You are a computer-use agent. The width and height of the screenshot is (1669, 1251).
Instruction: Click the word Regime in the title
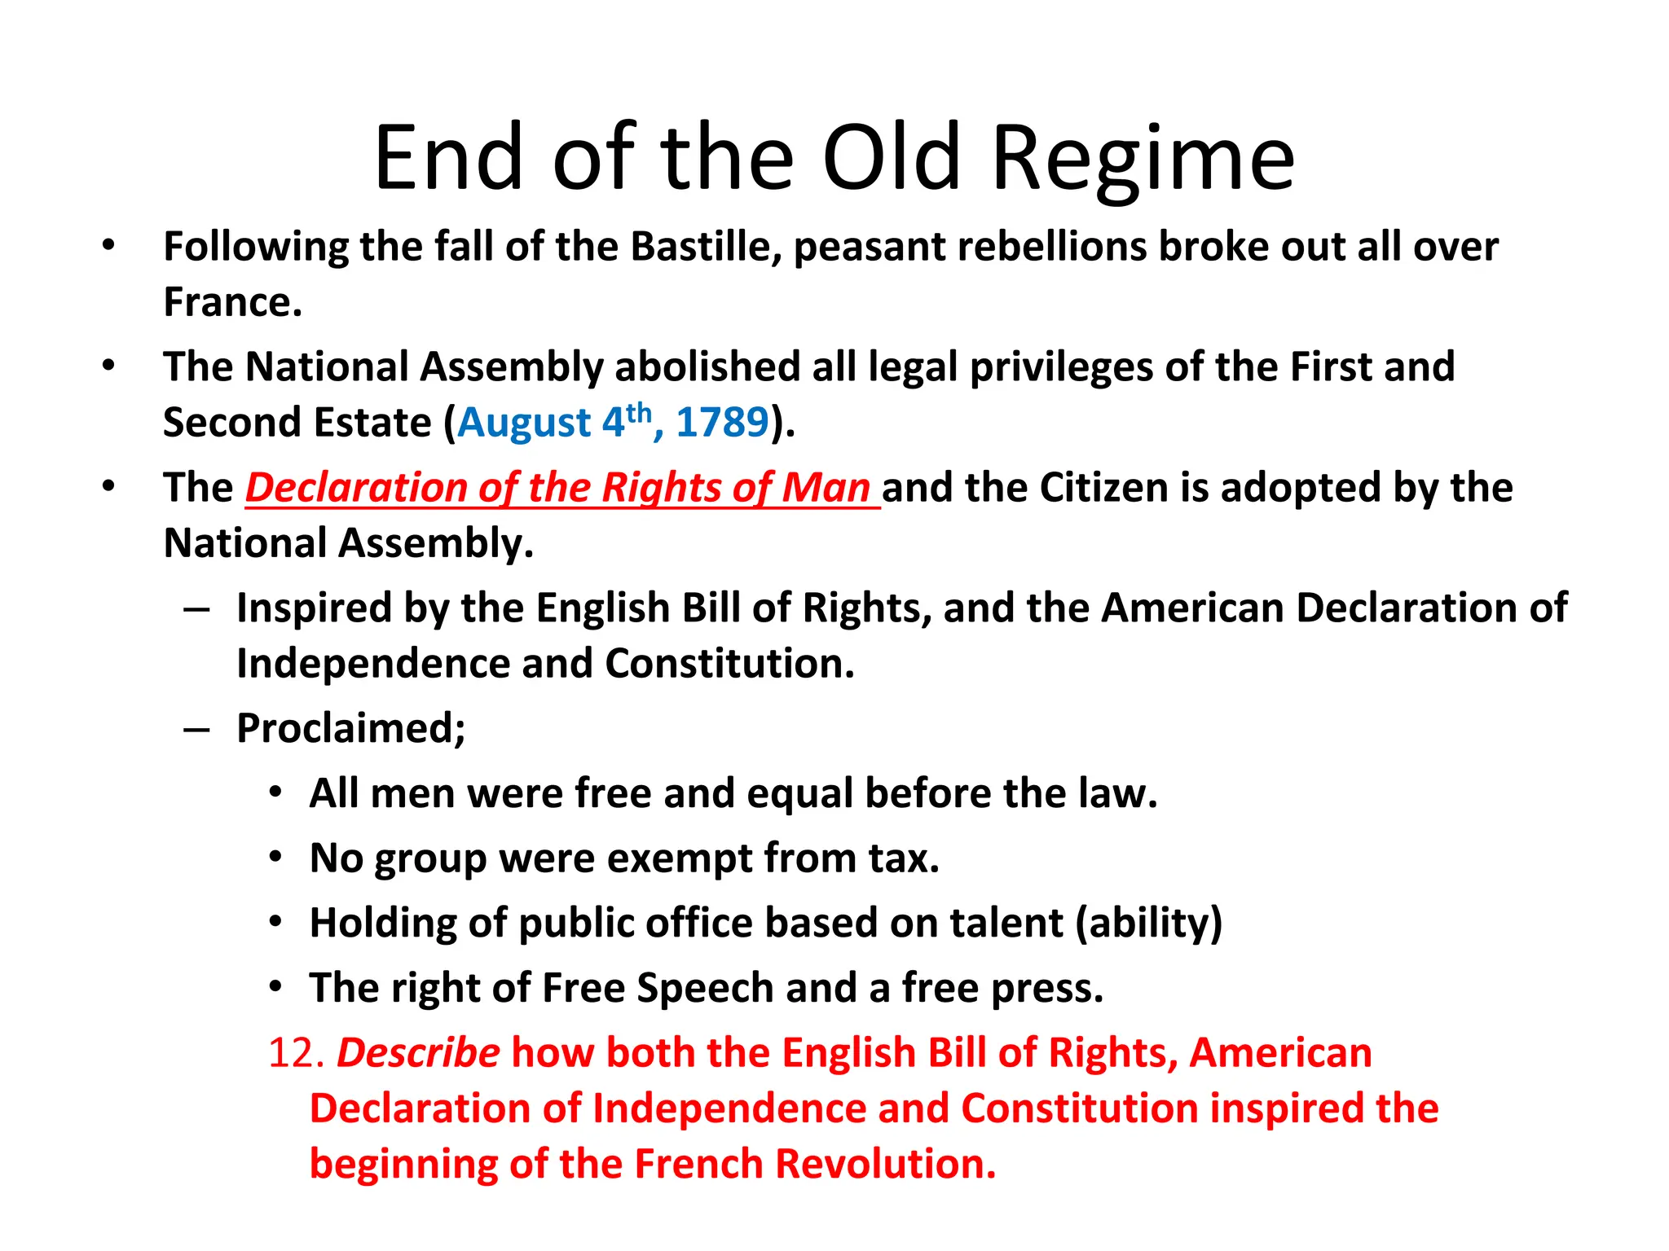[1143, 159]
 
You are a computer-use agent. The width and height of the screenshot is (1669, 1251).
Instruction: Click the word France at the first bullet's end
[232, 302]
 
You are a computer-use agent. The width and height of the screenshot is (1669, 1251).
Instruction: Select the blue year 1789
[722, 422]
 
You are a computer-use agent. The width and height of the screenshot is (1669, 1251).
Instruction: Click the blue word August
[524, 422]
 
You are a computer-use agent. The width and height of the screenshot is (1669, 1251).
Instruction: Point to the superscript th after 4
[640, 412]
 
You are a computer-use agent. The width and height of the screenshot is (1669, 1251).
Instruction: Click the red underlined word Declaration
[355, 487]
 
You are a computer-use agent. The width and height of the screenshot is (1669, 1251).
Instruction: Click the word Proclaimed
[350, 727]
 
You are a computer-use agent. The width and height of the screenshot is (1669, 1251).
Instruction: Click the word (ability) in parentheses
[1149, 923]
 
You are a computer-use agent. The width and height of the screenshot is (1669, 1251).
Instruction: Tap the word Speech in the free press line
[706, 988]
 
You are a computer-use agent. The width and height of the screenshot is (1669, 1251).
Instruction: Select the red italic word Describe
[418, 1052]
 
